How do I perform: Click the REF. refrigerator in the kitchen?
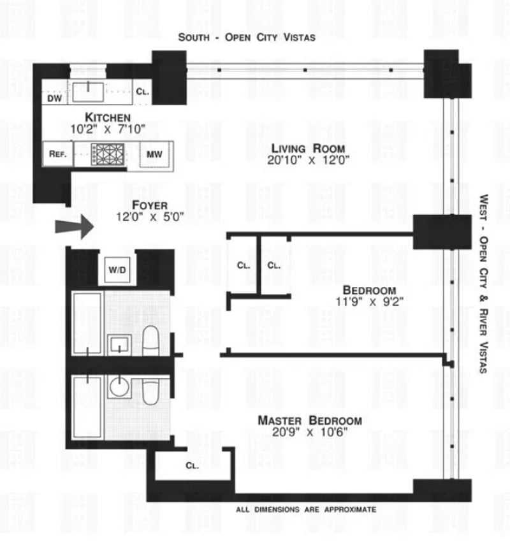click(58, 154)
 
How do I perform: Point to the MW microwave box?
click(154, 154)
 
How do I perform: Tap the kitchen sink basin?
click(88, 92)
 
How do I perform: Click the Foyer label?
click(150, 205)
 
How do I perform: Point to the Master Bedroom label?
click(310, 421)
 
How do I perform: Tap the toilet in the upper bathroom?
click(151, 342)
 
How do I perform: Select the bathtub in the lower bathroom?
click(87, 407)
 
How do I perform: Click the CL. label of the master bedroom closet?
click(193, 465)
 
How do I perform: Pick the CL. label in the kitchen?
click(143, 92)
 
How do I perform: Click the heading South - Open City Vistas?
click(247, 38)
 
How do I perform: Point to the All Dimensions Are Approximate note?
click(306, 509)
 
